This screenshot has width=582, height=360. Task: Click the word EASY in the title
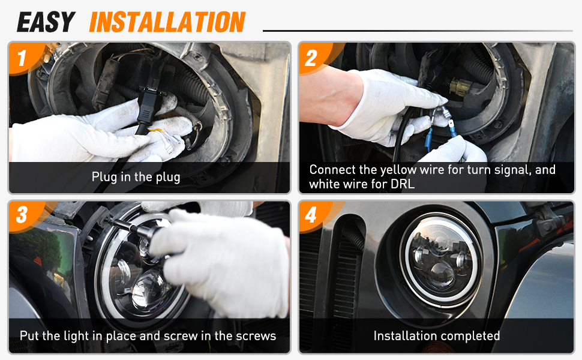(46, 22)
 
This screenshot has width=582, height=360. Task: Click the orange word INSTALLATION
(167, 22)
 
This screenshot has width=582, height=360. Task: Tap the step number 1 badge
(23, 58)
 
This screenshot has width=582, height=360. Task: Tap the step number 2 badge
(312, 58)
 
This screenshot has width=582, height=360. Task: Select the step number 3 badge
(22, 215)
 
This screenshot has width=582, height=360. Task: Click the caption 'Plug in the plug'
(136, 177)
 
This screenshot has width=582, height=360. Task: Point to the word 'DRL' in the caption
(403, 184)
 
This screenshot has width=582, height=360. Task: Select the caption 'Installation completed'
(437, 336)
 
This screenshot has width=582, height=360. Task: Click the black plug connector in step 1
(148, 105)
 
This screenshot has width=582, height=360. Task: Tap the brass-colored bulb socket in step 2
(460, 87)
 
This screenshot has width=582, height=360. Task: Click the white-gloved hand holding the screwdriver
(219, 260)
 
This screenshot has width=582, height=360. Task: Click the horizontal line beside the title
(418, 31)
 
